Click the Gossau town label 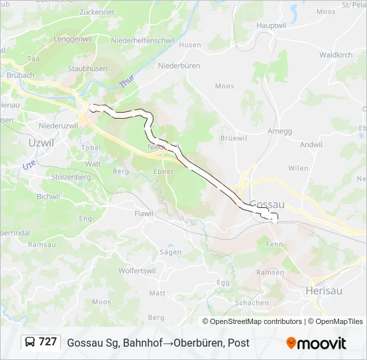267,205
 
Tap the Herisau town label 324,291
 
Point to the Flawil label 143,213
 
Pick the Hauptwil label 271,25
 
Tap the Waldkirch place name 336,55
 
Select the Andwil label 311,144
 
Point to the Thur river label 127,81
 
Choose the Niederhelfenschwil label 143,40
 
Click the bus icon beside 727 30,342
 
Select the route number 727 47,342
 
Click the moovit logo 316,343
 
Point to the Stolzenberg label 71,177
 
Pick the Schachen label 252,303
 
